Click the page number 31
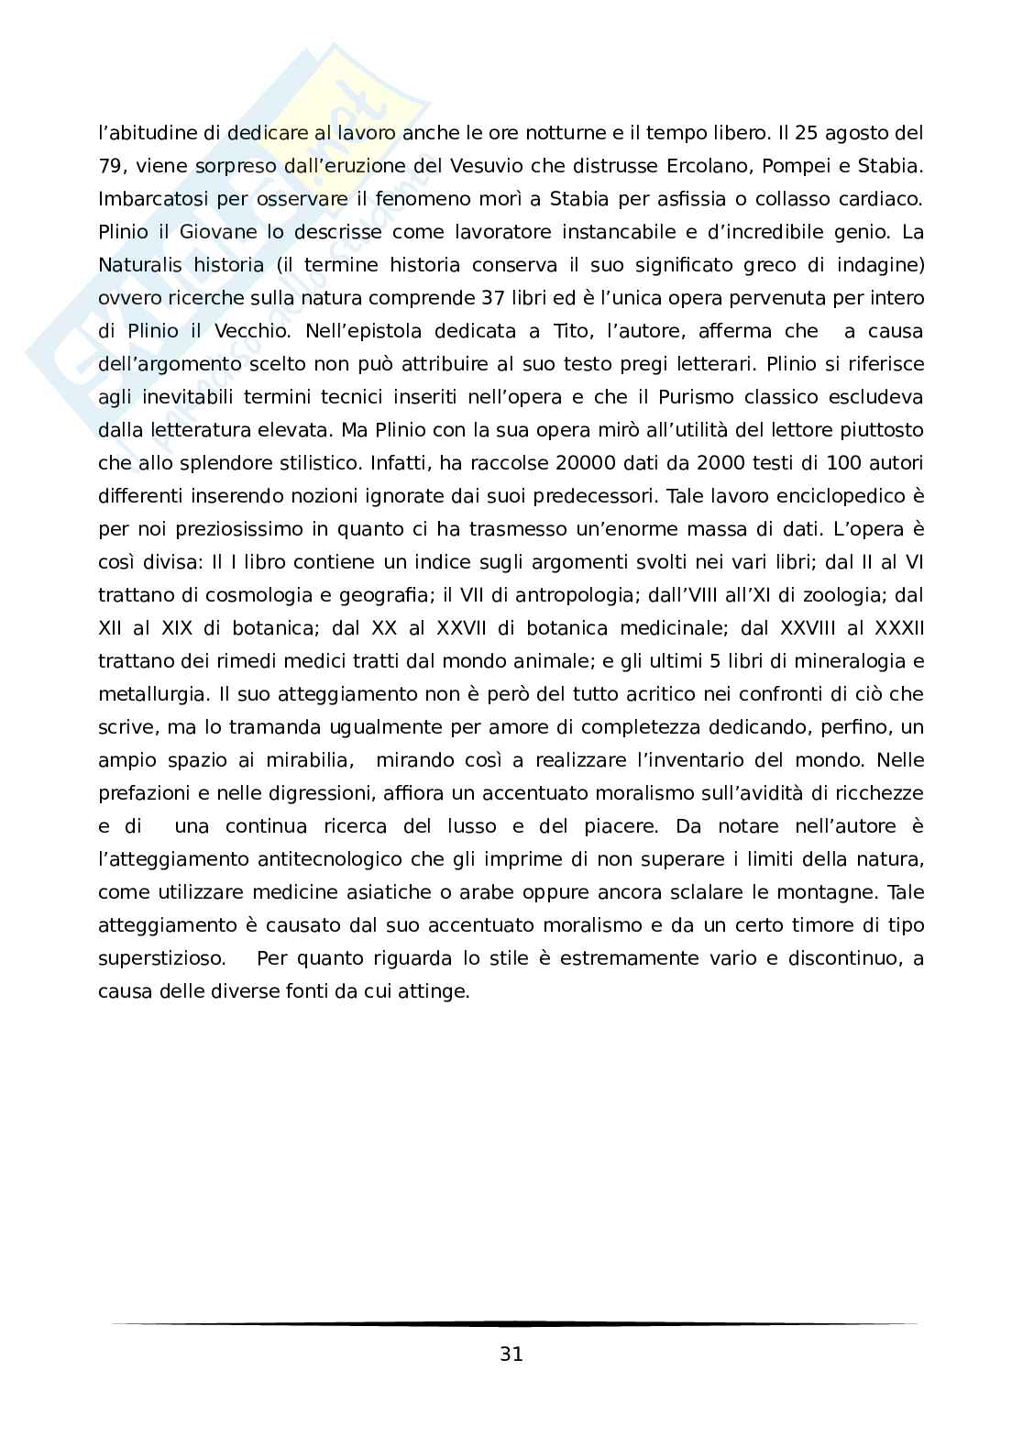511,1354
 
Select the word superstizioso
161,958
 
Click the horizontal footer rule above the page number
513,1323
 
